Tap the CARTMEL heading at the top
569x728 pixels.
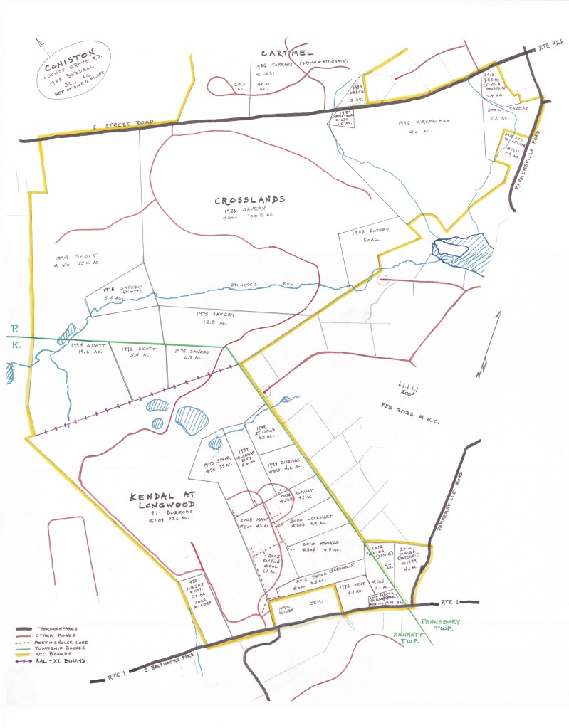288,53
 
